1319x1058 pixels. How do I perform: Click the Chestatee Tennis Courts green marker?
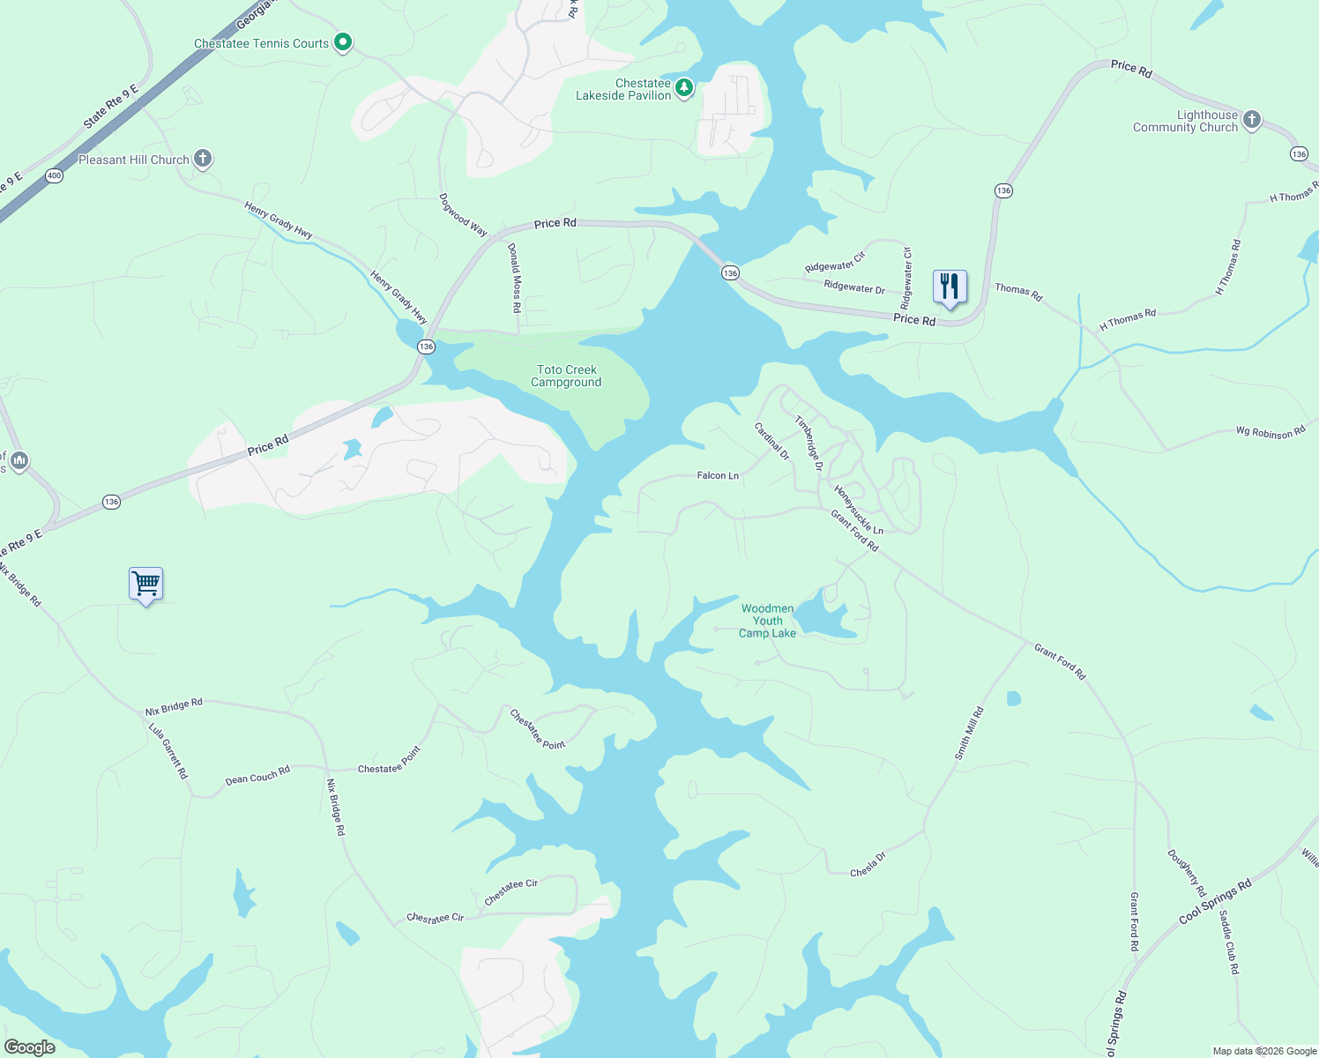tap(343, 42)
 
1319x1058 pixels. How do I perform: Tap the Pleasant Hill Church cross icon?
tap(203, 159)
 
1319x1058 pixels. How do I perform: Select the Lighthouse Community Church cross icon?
tap(1251, 120)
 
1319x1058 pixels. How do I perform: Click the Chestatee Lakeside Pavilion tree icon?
tap(683, 88)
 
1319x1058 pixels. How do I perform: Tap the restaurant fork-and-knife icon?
tap(950, 287)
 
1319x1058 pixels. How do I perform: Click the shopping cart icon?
tap(145, 584)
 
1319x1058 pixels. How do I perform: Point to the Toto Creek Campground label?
tap(567, 376)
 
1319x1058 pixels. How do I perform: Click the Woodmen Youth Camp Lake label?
tap(767, 621)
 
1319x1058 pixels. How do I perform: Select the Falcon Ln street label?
tap(718, 475)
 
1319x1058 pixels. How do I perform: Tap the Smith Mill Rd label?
tap(969, 734)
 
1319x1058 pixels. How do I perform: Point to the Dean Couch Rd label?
tap(257, 776)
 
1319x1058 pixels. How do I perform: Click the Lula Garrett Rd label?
tap(168, 751)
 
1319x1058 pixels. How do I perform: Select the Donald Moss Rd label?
tap(515, 279)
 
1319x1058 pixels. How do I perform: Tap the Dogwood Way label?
tap(463, 215)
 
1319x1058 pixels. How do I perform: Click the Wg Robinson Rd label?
tap(1270, 432)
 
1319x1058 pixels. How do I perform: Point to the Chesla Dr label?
tap(868, 865)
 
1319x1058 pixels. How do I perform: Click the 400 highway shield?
tap(55, 175)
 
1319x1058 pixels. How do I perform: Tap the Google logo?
tap(29, 1047)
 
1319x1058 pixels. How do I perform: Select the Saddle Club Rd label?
tap(1229, 942)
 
